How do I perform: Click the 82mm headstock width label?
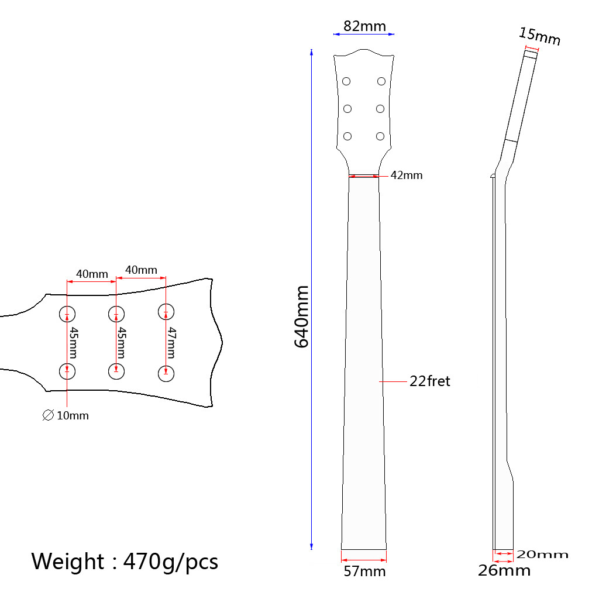coord(364,26)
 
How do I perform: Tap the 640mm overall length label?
coord(301,316)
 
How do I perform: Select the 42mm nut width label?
coord(406,175)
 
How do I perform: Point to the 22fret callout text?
coord(430,381)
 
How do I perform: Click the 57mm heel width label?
coord(364,571)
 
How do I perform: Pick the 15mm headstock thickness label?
coord(539,36)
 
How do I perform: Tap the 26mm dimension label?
coord(504,570)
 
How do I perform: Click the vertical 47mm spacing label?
coord(171,342)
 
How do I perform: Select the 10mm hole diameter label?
coord(73,416)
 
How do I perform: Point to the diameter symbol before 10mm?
coord(48,416)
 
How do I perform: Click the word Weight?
coord(68,561)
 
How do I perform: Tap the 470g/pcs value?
coord(171,561)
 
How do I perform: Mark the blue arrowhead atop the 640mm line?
coord(311,52)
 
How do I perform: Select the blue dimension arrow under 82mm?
coord(364,35)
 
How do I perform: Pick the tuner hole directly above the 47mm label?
coord(166,312)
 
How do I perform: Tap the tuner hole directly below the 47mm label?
coord(166,373)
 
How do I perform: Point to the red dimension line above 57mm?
coord(363,550)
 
